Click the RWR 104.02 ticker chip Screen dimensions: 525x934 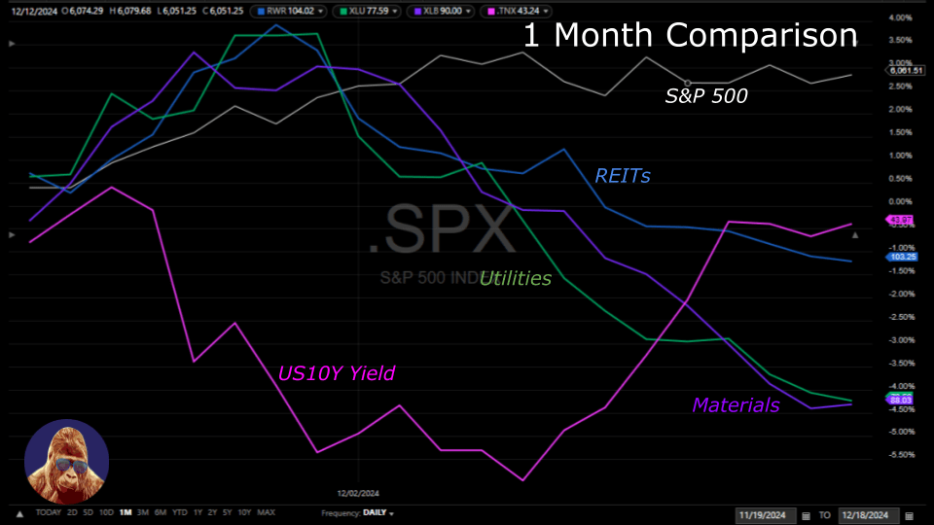pos(288,11)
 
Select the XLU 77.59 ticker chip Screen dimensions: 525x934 pos(371,11)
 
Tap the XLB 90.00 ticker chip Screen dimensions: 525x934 pos(450,11)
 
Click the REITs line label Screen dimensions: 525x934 pos(623,176)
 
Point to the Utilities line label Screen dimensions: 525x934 pos(516,279)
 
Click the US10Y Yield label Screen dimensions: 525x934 pos(337,373)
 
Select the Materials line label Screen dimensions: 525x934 pos(736,405)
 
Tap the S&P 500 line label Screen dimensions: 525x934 pos(707,96)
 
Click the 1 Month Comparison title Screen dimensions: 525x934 pos(690,36)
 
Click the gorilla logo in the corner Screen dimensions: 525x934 pos(67,462)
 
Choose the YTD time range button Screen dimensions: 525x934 pos(179,512)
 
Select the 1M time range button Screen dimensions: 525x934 pos(126,512)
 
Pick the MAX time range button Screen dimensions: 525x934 pos(267,512)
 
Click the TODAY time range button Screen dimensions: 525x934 pos(48,512)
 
